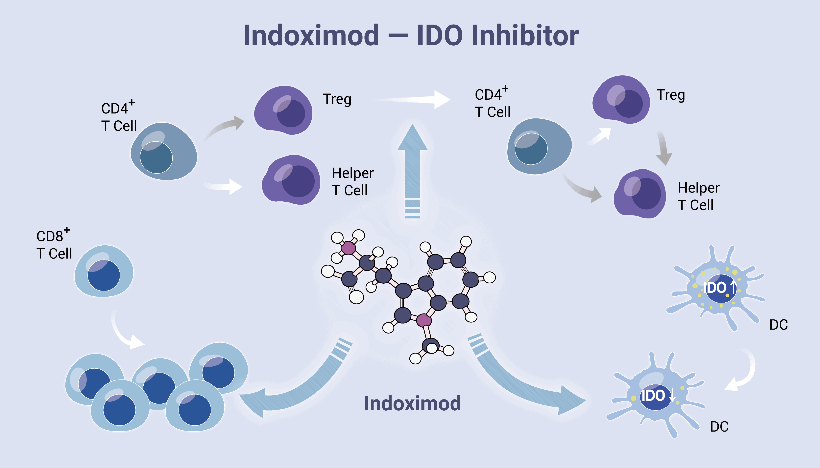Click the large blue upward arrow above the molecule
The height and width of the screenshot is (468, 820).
[413, 167]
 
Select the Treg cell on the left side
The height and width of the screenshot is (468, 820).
[283, 110]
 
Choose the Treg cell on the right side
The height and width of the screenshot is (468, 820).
[621, 100]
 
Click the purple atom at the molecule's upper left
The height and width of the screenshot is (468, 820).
[348, 248]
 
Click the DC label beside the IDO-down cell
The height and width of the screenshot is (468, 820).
[719, 427]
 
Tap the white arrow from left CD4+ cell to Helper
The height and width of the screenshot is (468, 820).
[224, 186]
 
